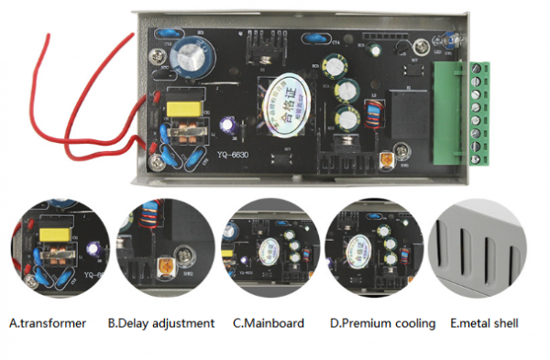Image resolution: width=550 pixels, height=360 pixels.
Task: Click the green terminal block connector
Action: click(480, 109)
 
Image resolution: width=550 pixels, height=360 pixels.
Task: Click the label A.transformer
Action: click(48, 323)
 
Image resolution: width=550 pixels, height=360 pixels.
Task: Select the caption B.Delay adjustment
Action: click(161, 323)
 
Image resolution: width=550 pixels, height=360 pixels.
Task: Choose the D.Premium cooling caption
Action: click(378, 323)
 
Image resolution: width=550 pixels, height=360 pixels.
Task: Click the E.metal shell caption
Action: click(484, 323)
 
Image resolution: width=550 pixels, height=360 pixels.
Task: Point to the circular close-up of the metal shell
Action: click(486, 249)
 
